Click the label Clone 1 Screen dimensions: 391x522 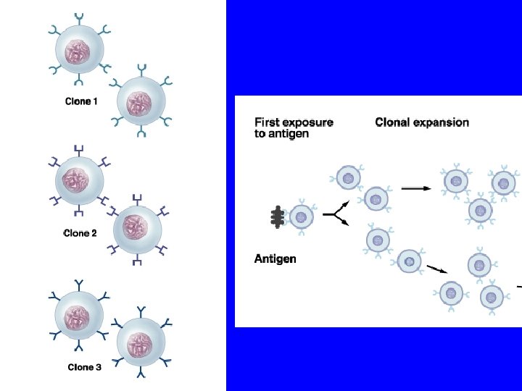point(81,101)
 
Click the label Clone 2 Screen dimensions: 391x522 point(80,233)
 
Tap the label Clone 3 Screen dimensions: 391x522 point(84,367)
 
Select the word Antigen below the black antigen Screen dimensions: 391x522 point(275,258)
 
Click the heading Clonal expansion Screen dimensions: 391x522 point(422,122)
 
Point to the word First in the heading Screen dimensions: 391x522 point(268,122)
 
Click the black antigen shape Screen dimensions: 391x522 point(276,217)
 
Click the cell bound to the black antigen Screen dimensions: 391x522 point(301,216)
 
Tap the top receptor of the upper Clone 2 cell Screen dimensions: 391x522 point(78,149)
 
